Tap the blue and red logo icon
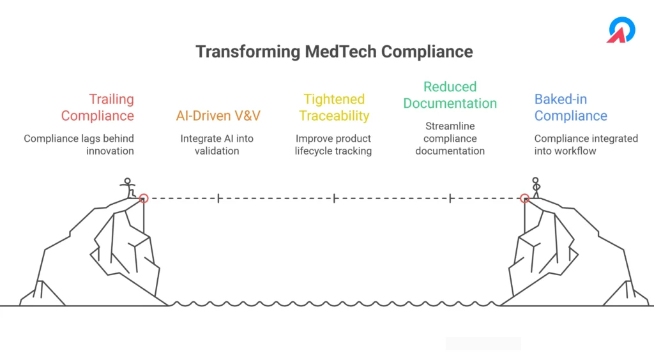pyautogui.click(x=621, y=29)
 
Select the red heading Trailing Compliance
pyautogui.click(x=98, y=107)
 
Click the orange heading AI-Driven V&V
pyautogui.click(x=218, y=116)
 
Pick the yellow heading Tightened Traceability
pyautogui.click(x=334, y=107)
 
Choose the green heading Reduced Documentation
pyautogui.click(x=450, y=95)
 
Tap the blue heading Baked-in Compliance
pyautogui.click(x=570, y=107)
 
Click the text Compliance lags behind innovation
pyautogui.click(x=79, y=145)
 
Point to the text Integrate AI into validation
pyautogui.click(x=217, y=145)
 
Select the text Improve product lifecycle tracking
pyautogui.click(x=333, y=145)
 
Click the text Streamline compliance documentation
pyautogui.click(x=450, y=139)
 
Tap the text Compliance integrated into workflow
pyautogui.click(x=586, y=145)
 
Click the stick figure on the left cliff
pyautogui.click(x=128, y=188)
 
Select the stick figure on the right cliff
pyautogui.click(x=536, y=188)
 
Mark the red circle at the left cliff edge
pyautogui.click(x=144, y=199)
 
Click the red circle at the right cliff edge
pyautogui.click(x=525, y=199)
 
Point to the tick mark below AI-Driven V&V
pyautogui.click(x=218, y=199)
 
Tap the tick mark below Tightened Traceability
pyautogui.click(x=334, y=199)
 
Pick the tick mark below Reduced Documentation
pyautogui.click(x=450, y=199)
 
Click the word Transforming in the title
pyautogui.click(x=248, y=52)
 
